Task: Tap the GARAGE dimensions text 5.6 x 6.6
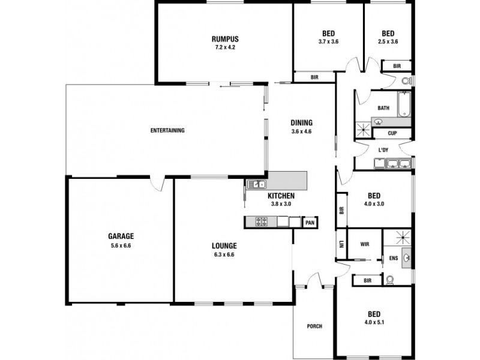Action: (x=121, y=245)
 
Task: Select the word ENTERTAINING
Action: (x=167, y=130)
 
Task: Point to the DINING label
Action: (x=301, y=123)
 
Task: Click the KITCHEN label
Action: (x=281, y=196)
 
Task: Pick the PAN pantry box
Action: (x=310, y=223)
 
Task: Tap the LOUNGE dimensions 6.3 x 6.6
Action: (x=224, y=254)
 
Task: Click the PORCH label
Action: (x=314, y=326)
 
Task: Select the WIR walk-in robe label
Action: (x=364, y=244)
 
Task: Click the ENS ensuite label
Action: (x=393, y=259)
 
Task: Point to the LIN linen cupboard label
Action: (x=340, y=244)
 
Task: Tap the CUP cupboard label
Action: (x=392, y=133)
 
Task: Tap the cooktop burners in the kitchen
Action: (x=261, y=222)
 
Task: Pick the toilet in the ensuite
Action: (x=390, y=280)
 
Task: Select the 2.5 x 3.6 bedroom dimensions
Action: (x=388, y=42)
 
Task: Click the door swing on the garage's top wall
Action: (x=157, y=184)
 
